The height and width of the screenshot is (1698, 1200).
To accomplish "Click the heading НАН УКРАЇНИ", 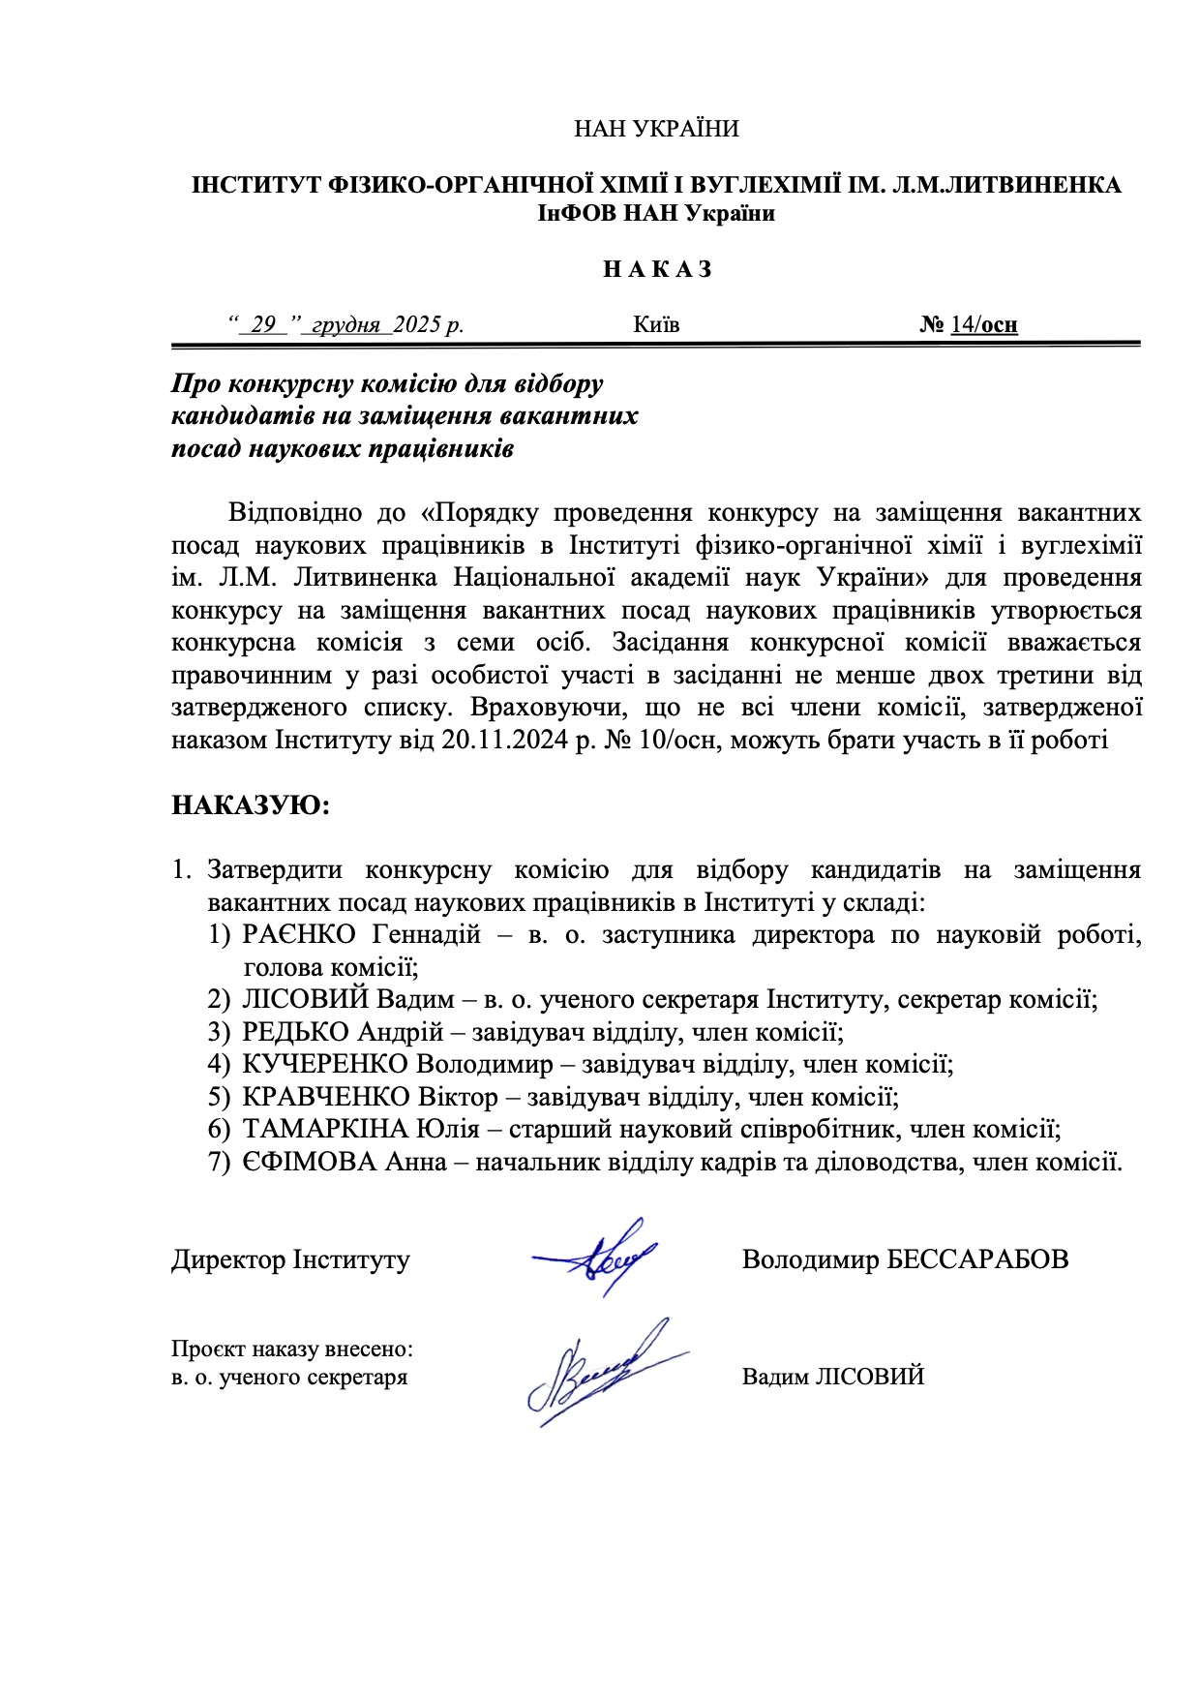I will coord(656,129).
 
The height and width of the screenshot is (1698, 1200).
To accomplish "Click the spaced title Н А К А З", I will coord(657,269).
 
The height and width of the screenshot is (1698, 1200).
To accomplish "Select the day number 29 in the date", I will coord(263,324).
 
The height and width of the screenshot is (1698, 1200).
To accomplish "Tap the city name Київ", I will coord(656,324).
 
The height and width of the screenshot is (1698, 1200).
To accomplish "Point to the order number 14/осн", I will coord(983,324).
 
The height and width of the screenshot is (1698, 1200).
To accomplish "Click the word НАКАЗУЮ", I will coord(251,805).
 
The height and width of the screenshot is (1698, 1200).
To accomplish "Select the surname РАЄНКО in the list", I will coord(300,935).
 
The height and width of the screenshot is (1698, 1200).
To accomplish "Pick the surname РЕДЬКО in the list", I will coord(295,1032).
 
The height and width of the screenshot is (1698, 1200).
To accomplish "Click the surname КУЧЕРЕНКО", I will coord(324,1065).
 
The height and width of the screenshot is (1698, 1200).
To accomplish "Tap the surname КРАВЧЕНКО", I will coord(326,1097).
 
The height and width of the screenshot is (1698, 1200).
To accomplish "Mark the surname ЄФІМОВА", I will coord(309,1162).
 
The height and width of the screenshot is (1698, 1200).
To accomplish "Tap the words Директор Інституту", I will coord(290,1259).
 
